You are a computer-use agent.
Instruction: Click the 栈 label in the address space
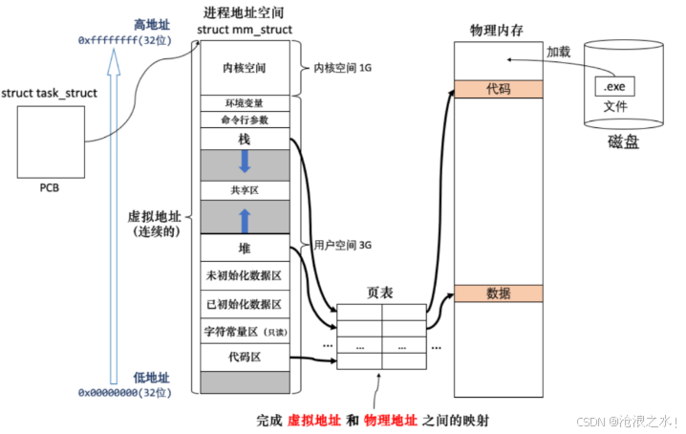click(243, 139)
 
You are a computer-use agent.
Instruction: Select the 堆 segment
click(243, 249)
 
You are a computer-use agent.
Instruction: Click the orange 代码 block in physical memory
click(498, 88)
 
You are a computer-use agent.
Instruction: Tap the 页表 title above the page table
click(380, 292)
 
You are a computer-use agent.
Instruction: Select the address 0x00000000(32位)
click(124, 392)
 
